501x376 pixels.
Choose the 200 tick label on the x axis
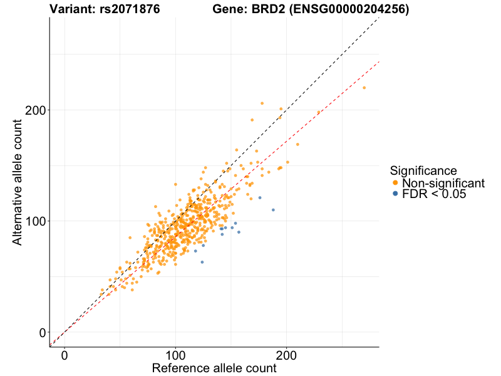(x=287, y=355)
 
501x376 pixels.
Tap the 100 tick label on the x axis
(x=175, y=355)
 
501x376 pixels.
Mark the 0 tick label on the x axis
(x=65, y=355)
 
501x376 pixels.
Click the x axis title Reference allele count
(x=214, y=368)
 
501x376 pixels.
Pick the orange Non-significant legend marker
(x=395, y=183)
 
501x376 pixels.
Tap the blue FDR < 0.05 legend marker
(x=395, y=194)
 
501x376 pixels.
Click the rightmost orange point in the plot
(x=364, y=88)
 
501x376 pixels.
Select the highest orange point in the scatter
(x=262, y=103)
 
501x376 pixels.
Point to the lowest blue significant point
(x=202, y=262)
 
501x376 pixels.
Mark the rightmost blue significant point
(x=273, y=210)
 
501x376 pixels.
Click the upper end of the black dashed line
(x=378, y=19)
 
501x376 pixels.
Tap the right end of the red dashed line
(x=378, y=63)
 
